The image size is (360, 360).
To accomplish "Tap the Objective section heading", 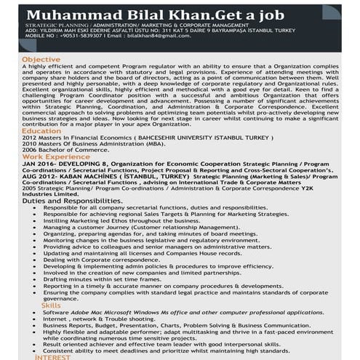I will tap(41, 59).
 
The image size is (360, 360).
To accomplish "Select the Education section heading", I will tap(41, 130).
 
